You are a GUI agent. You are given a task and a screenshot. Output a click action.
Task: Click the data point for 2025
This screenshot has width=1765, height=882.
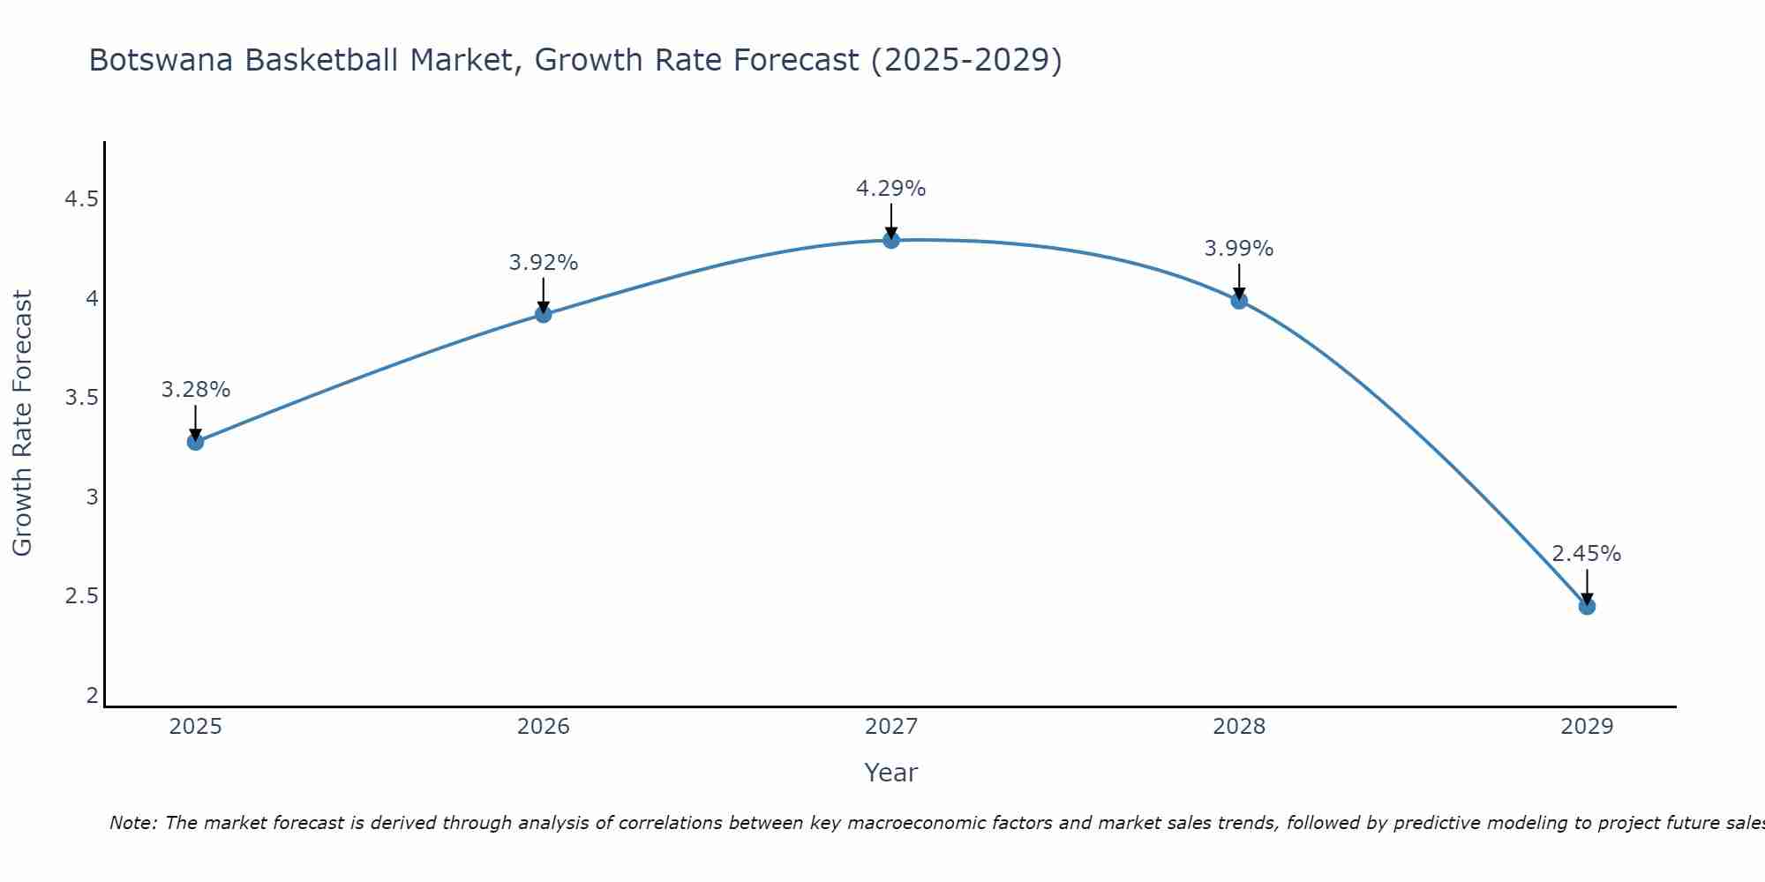tap(195, 442)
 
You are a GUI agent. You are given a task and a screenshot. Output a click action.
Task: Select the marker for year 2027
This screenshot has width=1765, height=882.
tap(891, 240)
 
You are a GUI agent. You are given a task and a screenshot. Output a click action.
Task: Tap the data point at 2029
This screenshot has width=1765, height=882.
tap(1587, 606)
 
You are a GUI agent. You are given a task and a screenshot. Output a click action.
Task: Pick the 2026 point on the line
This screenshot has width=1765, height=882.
tap(544, 314)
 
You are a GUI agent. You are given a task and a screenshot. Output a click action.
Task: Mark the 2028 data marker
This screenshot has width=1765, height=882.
tap(1239, 300)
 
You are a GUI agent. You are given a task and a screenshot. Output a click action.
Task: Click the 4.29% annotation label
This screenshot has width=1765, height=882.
tap(891, 189)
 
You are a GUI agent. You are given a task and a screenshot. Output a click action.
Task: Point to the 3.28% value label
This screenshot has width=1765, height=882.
tap(195, 390)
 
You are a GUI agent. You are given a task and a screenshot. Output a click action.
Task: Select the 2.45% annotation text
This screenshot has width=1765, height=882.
tap(1587, 554)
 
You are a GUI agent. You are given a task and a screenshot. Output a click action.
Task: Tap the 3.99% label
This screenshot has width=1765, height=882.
tap(1239, 249)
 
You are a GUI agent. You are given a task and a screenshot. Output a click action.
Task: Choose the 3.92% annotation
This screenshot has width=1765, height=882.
tap(544, 263)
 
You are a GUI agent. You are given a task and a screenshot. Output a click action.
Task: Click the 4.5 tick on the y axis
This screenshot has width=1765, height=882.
tap(81, 199)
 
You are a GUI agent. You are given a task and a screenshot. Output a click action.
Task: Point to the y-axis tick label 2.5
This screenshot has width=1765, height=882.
tap(81, 596)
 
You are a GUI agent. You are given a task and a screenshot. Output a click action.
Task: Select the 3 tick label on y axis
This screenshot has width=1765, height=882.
tap(92, 497)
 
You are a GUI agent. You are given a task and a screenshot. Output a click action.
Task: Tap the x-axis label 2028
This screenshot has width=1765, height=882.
tap(1239, 727)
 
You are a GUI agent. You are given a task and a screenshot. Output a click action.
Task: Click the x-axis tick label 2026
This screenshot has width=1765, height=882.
tap(544, 727)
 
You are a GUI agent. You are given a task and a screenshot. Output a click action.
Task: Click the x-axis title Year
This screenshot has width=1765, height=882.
tap(891, 773)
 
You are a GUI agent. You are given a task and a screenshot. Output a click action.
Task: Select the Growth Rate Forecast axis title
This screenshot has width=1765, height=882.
tap(23, 423)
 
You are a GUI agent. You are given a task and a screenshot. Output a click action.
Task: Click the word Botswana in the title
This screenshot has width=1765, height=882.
tap(162, 60)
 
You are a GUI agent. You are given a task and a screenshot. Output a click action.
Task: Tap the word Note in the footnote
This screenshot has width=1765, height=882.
tap(132, 823)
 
